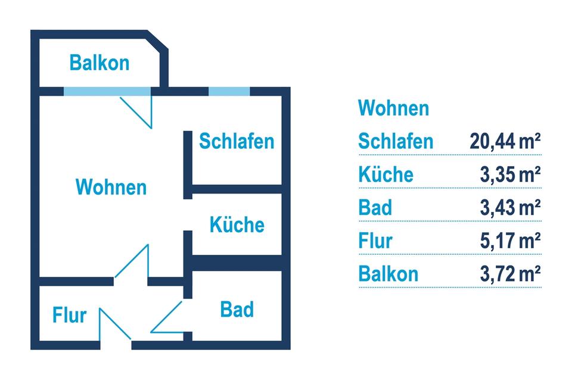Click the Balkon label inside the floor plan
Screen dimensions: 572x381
tap(100, 63)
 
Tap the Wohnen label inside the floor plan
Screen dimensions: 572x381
tap(111, 187)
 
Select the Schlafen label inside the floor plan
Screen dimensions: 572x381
tap(237, 141)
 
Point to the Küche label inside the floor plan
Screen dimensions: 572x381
tap(237, 224)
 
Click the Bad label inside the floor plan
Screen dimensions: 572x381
tap(237, 310)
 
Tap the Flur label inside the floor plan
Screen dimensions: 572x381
tap(69, 315)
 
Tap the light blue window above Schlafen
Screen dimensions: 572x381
tap(229, 92)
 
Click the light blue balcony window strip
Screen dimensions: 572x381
tap(107, 92)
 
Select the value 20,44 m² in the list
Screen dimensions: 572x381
tap(505, 141)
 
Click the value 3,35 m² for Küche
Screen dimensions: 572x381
tap(511, 174)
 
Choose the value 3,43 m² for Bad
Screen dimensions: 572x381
tap(511, 207)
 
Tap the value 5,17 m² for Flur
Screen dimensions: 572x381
tap(511, 241)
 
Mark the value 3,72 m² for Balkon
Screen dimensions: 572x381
tap(511, 274)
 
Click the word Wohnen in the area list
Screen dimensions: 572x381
tap(394, 108)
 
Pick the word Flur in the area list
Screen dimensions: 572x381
tap(375, 241)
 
